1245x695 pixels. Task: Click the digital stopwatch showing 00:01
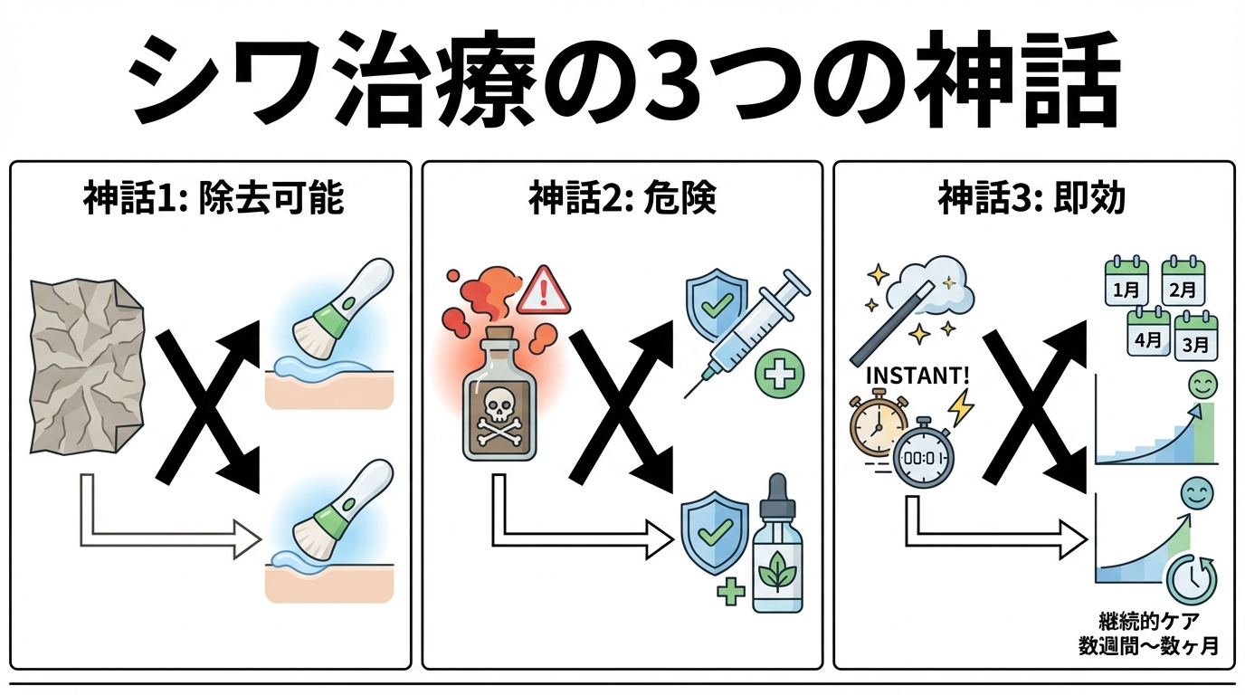(x=923, y=458)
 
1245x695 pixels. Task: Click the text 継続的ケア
(x=1146, y=623)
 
